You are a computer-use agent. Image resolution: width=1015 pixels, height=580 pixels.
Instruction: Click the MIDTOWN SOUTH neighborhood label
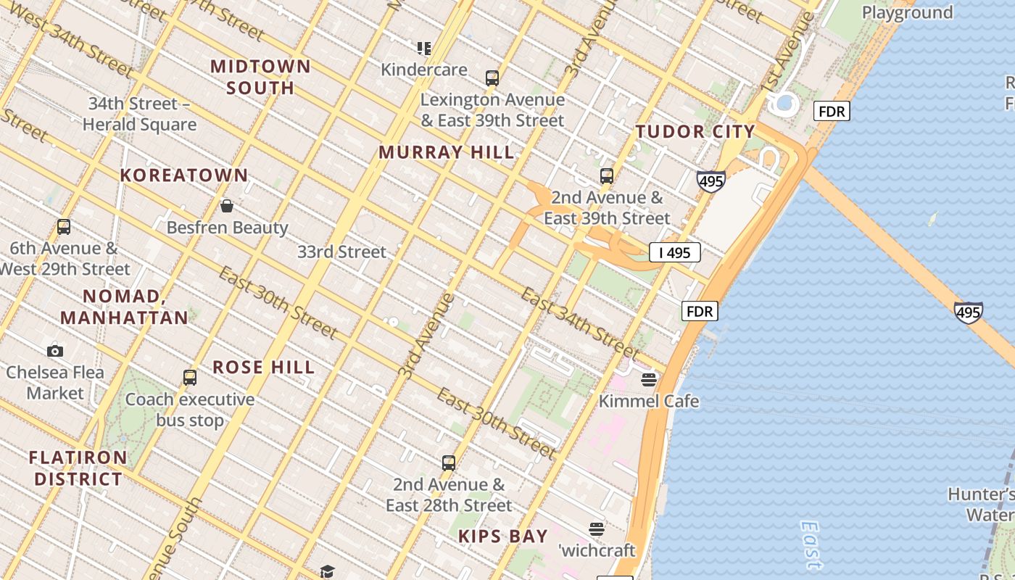tap(260, 77)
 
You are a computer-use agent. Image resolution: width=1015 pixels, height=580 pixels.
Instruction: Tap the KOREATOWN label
tap(184, 175)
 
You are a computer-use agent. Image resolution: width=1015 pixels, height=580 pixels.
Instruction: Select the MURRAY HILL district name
tap(446, 152)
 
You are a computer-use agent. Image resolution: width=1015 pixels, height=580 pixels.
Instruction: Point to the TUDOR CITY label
tap(695, 132)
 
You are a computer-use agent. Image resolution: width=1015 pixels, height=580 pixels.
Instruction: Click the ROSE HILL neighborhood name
tap(264, 368)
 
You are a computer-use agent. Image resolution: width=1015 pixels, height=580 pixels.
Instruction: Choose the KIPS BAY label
tap(503, 537)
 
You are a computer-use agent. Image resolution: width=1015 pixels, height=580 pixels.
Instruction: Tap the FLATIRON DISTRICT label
tap(78, 468)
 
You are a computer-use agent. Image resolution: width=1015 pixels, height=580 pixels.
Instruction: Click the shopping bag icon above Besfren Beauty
tap(227, 206)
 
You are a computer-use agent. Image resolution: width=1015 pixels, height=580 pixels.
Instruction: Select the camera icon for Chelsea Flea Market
tap(55, 351)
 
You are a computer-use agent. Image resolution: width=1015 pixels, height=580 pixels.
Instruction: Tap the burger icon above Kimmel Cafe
tap(649, 380)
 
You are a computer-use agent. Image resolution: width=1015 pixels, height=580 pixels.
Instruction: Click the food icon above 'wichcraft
tap(597, 529)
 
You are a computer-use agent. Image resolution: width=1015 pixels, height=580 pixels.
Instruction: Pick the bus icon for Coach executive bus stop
tap(190, 378)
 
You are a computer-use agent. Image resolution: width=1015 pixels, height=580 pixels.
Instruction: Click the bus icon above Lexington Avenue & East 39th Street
tap(492, 78)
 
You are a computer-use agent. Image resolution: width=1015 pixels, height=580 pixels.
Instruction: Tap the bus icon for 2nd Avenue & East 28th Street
tap(449, 463)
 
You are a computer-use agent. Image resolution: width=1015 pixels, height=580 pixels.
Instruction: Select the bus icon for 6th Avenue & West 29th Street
tap(64, 227)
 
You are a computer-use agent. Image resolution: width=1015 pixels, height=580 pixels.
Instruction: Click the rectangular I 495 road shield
tap(674, 252)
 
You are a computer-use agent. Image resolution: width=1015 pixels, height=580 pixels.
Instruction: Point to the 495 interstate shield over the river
tap(968, 312)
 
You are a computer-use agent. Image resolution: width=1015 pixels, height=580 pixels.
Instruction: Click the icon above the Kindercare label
tap(424, 49)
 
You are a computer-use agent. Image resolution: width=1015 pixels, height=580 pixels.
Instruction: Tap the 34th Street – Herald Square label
tap(139, 115)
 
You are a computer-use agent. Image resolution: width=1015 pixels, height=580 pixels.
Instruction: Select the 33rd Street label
tap(341, 252)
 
